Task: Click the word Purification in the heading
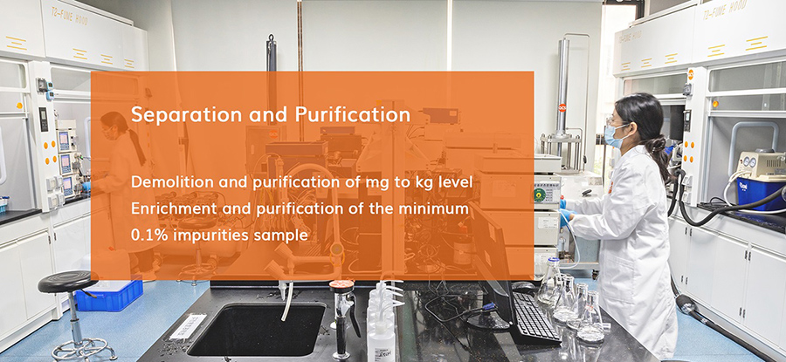pyautogui.click(x=353, y=114)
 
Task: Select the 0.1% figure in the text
pyautogui.click(x=147, y=235)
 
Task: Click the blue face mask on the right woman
pyautogui.click(x=614, y=136)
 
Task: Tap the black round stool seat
pyautogui.click(x=68, y=282)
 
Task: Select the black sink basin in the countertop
pyautogui.click(x=257, y=330)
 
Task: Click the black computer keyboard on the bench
pyautogui.click(x=534, y=318)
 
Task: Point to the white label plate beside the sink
pyautogui.click(x=188, y=327)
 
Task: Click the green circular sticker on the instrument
pyautogui.click(x=540, y=195)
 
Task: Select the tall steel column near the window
pyautogui.click(x=562, y=89)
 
